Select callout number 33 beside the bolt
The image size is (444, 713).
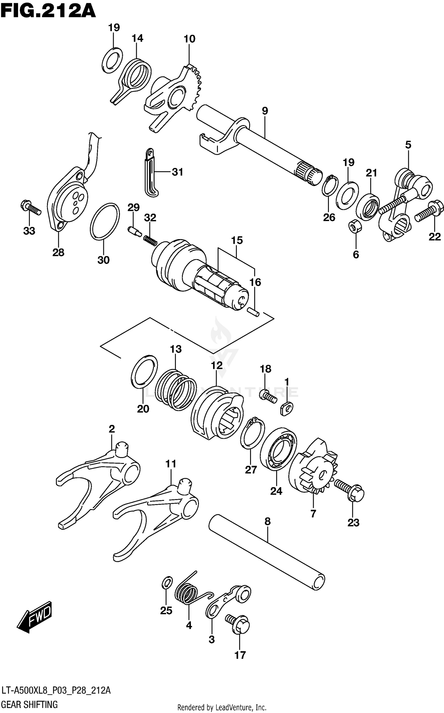[29, 231]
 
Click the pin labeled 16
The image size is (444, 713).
[253, 312]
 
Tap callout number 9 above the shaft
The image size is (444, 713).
[265, 111]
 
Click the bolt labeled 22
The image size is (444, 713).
[429, 211]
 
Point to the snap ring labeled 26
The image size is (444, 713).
[330, 186]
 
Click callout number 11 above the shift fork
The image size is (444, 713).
[171, 464]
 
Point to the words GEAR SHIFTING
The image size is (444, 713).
[30, 704]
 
